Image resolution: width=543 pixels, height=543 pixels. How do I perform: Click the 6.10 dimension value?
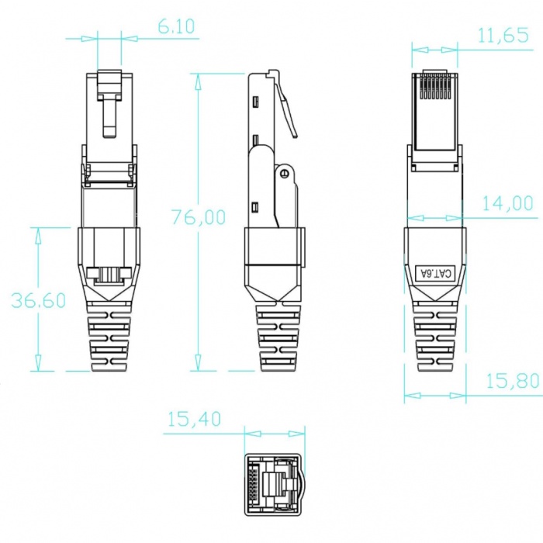176,26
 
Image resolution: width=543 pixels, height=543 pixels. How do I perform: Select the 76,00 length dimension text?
199,217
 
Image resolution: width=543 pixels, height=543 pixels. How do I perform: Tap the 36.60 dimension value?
39,300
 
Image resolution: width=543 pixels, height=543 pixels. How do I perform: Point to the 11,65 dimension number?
503,36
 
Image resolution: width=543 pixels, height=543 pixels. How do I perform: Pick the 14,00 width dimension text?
507,203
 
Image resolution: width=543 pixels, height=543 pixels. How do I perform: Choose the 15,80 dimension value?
513,381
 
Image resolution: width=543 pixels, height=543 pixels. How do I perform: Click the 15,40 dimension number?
194,419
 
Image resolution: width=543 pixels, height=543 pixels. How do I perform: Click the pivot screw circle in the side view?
285,173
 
